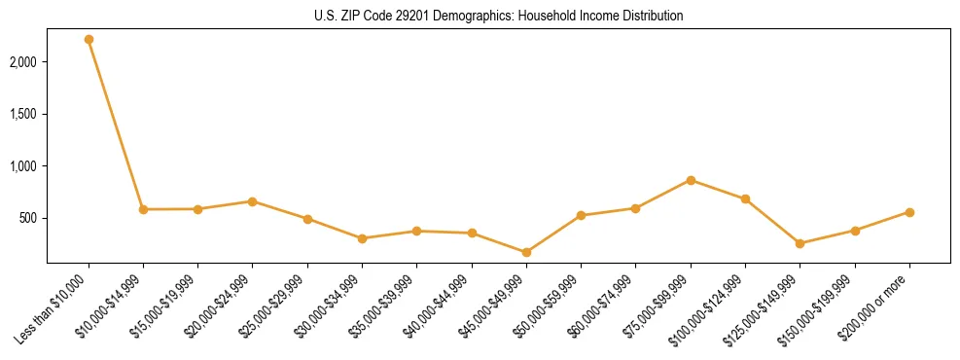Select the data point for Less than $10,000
pos(89,39)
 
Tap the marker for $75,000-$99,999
pos(691,180)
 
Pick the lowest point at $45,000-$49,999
pos(526,252)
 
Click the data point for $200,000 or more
pos(909,212)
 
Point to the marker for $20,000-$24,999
pos(253,201)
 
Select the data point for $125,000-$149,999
pos(800,243)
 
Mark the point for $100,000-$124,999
pos(745,198)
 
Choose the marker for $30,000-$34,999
pos(362,238)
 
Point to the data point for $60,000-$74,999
pos(635,208)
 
